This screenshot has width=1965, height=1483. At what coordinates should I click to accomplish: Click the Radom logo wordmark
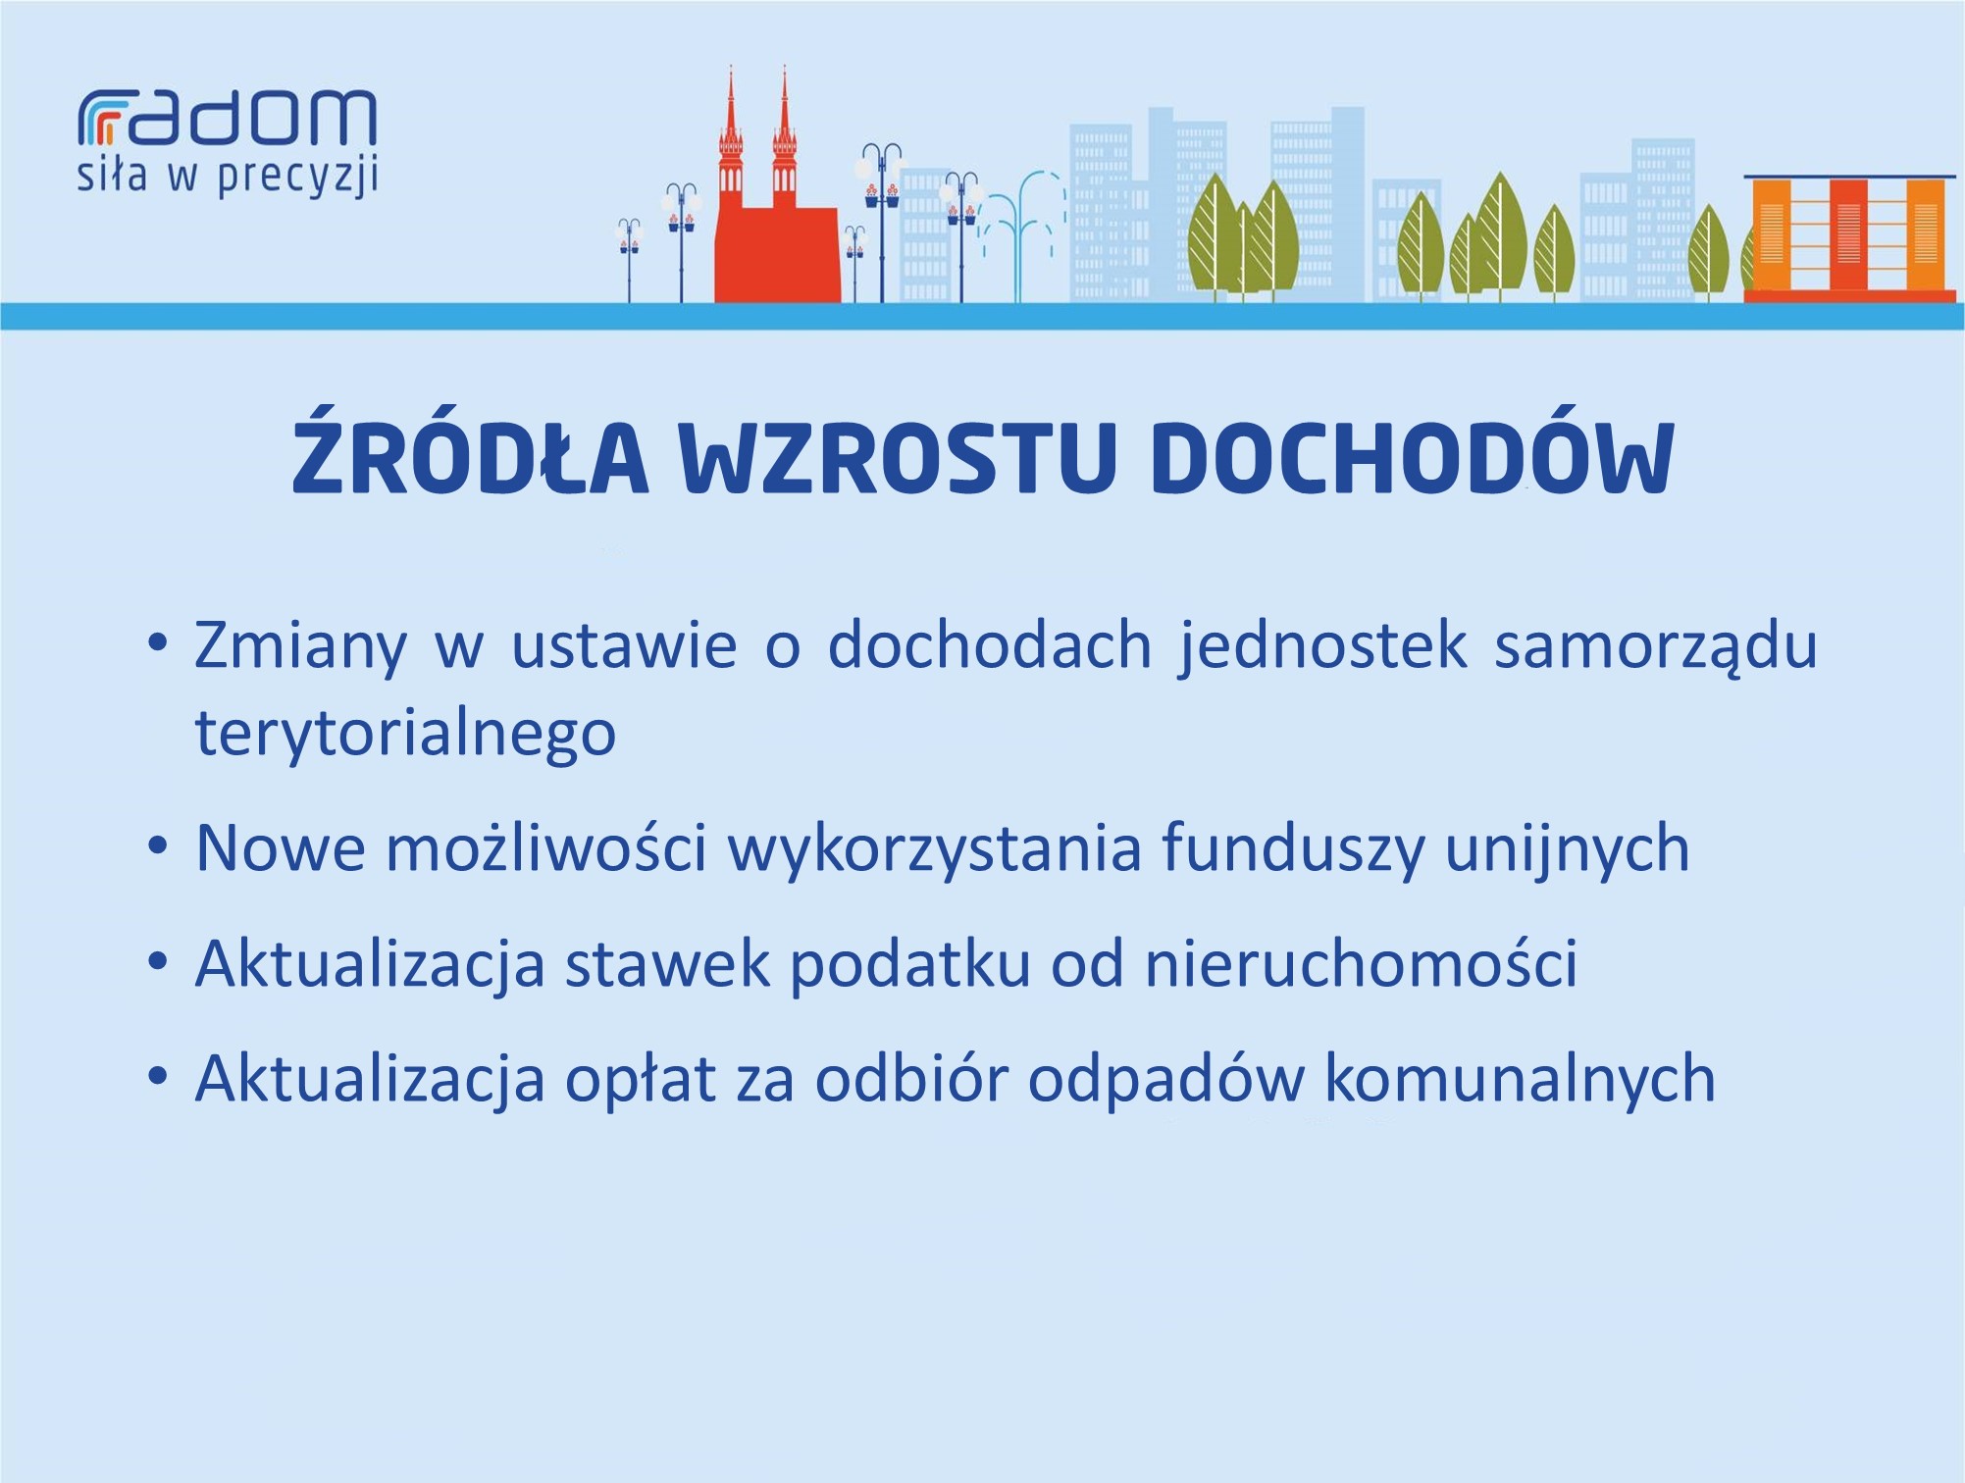coord(227,118)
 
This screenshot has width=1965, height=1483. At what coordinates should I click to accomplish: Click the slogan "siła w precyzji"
coord(228,177)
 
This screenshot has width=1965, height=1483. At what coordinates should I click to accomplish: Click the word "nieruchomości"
coord(1362,962)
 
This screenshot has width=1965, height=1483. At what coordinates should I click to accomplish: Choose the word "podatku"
coord(910,964)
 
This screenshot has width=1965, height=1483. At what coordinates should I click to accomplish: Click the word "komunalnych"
coord(1520,1078)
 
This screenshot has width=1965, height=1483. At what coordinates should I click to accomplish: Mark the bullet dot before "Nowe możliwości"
coord(157,845)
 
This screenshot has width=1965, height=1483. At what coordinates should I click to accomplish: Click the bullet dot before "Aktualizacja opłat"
coord(157,1076)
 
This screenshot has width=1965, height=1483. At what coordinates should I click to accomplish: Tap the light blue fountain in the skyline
coord(1021,235)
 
